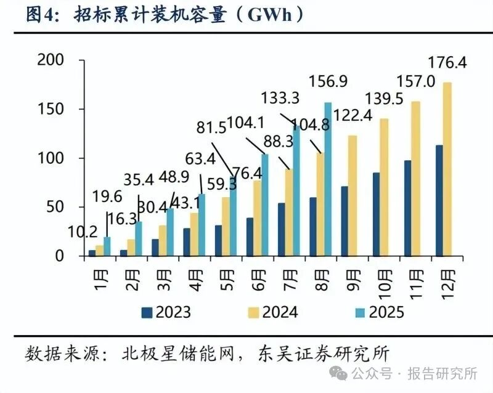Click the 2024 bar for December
tap(447, 169)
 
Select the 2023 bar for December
tap(439, 201)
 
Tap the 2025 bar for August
tap(327, 179)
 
